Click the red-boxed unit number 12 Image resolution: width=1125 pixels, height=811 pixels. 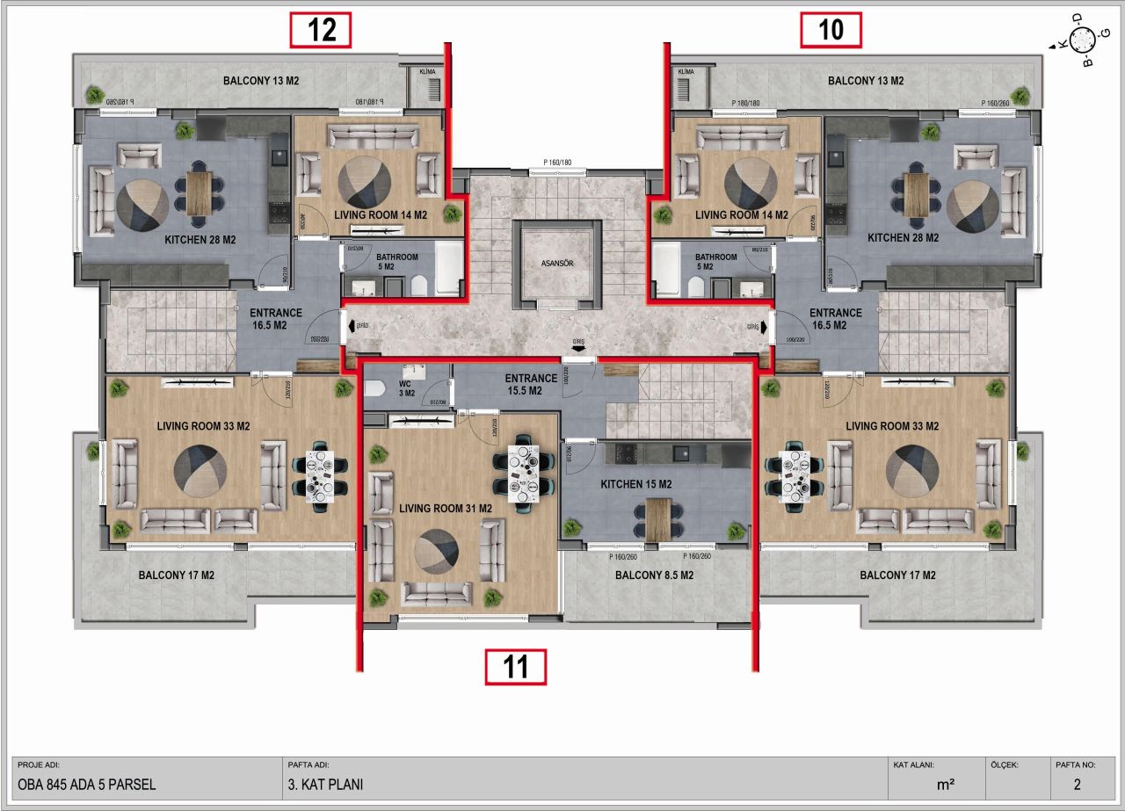point(321,30)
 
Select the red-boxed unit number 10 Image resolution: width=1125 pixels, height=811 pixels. point(831,30)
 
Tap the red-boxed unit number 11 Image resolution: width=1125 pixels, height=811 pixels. point(516,667)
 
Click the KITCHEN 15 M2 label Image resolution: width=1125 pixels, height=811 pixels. point(635,484)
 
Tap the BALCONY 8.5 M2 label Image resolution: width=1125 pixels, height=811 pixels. point(654,576)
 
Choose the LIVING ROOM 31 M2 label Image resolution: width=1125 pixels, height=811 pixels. point(445,508)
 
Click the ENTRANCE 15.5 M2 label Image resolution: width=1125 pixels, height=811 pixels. point(531,384)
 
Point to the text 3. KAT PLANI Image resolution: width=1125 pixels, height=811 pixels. point(325,785)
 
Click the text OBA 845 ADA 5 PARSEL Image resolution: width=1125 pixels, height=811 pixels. point(87,785)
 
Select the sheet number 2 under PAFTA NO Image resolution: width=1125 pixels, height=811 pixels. point(1077,785)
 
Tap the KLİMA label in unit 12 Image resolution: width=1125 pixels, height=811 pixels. point(428,71)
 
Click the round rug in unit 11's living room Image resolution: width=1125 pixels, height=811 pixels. point(437,552)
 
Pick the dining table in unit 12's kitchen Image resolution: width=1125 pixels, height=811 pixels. point(199,192)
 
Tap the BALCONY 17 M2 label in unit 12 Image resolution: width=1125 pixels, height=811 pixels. point(177,576)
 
